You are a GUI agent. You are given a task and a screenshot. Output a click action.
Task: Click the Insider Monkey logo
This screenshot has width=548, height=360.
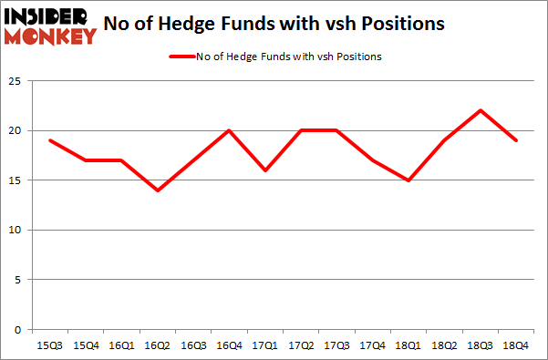[50, 25]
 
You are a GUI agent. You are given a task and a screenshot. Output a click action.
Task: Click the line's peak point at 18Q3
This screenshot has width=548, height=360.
[480, 111]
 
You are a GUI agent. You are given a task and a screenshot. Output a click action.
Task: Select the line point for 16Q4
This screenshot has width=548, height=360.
[230, 131]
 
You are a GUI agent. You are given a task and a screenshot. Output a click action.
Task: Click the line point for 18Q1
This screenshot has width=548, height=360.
[408, 180]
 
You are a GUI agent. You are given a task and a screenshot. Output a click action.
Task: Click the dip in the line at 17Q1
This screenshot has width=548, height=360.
[265, 170]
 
